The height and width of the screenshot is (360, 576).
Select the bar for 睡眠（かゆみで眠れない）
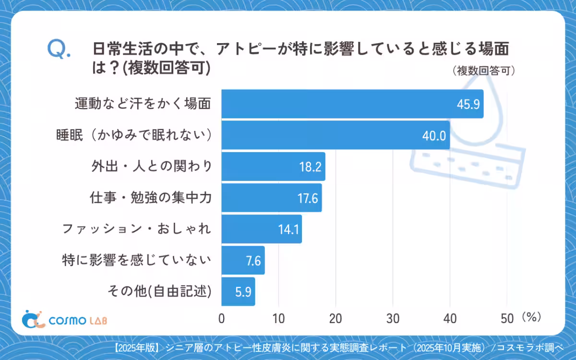point(336,135)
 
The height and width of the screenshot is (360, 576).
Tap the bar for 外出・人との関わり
point(273,167)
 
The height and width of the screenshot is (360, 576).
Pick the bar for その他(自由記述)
point(238,291)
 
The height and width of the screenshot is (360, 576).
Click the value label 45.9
point(468,104)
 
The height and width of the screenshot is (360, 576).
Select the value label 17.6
point(308,198)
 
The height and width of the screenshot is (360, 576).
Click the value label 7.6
point(252,261)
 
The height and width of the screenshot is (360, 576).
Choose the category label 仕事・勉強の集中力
point(150,197)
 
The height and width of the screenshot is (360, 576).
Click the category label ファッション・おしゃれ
point(136,229)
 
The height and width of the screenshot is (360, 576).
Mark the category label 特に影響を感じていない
point(136,261)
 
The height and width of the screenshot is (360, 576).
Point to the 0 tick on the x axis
point(222,318)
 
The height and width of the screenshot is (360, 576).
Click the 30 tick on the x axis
point(393,318)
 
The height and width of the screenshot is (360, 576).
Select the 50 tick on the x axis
point(507,318)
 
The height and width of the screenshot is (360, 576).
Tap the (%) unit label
point(531,317)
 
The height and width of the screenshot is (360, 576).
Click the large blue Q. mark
point(59,49)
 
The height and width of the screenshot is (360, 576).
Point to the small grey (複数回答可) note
point(484,71)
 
